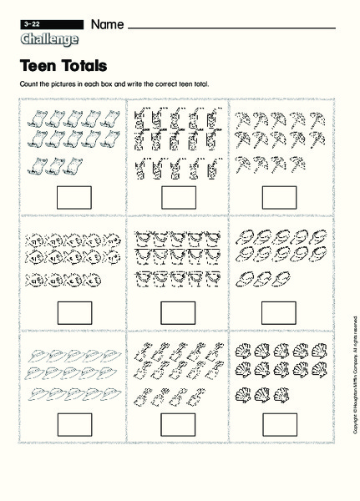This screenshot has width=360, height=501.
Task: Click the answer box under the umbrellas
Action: pyautogui.click(x=279, y=197)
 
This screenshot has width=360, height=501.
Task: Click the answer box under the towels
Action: pyautogui.click(x=74, y=197)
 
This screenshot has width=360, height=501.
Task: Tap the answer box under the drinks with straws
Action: pyautogui.click(x=178, y=197)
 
